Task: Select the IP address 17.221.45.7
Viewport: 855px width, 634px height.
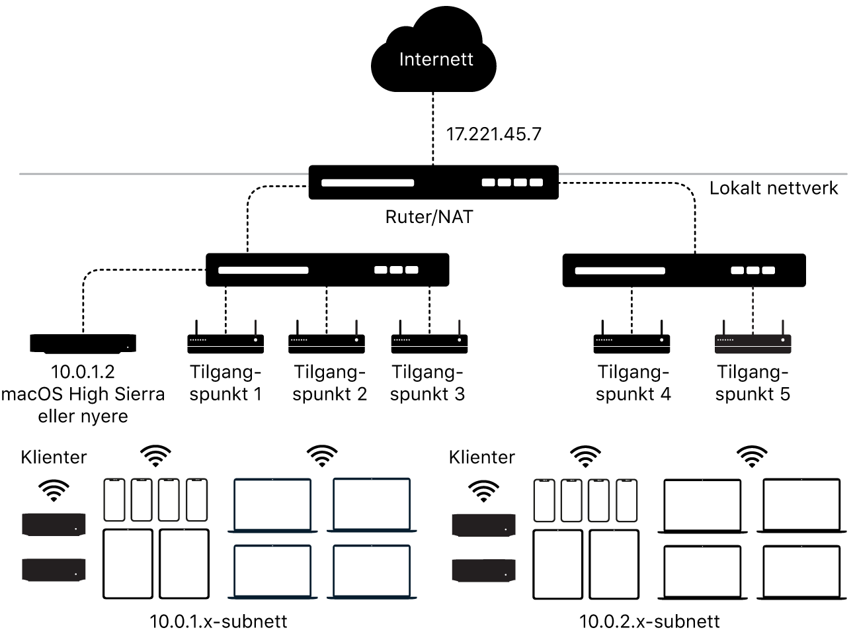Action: click(493, 134)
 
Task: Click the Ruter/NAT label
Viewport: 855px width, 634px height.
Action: click(429, 217)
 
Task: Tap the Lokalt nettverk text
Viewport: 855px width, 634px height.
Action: click(773, 189)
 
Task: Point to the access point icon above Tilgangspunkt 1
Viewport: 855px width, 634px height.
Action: click(225, 340)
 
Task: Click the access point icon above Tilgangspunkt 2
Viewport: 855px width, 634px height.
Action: click(327, 340)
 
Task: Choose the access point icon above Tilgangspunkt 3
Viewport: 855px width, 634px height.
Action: click(429, 340)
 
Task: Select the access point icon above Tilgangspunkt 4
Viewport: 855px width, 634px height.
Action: click(631, 340)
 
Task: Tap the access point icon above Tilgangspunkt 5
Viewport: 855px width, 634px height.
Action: click(753, 340)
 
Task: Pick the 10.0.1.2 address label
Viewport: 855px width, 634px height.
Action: click(83, 372)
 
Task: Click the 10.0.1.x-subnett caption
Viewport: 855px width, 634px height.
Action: click(218, 621)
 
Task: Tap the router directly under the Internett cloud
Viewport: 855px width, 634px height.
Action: click(433, 183)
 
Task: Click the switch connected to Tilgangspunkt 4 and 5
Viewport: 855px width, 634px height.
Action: click(684, 271)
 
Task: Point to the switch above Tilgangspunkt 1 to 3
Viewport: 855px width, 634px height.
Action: click(327, 270)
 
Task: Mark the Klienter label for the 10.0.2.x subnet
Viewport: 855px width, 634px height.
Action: click(481, 457)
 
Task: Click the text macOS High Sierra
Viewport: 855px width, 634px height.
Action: click(83, 394)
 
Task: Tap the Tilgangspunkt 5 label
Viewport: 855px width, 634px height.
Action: click(753, 384)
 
